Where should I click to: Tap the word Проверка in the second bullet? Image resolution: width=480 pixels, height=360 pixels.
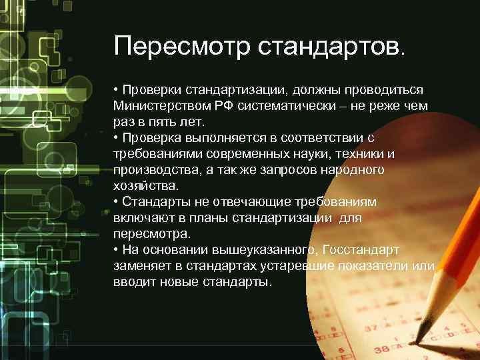(x=149, y=137)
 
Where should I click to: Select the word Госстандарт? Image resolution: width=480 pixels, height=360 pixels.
(x=360, y=250)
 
